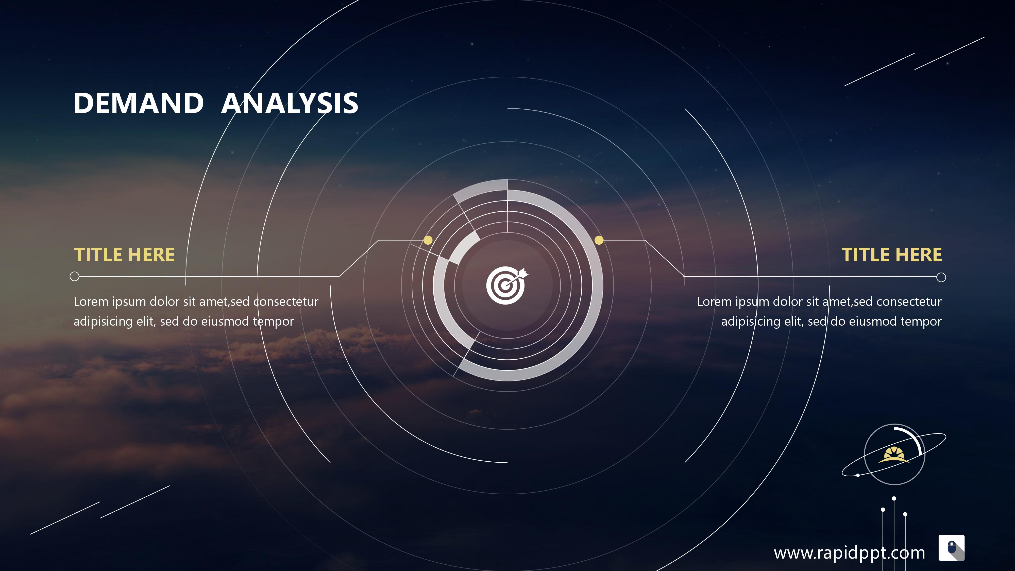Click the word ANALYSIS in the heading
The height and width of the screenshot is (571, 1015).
(x=290, y=103)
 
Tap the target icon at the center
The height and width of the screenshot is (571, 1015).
(x=507, y=285)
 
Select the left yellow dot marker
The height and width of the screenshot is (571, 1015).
(x=428, y=240)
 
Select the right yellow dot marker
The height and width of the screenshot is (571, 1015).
(x=599, y=240)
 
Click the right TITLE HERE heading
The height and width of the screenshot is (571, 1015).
(x=892, y=255)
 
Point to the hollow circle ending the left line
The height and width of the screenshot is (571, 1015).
(x=74, y=276)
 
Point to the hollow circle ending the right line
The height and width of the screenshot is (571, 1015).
(x=941, y=277)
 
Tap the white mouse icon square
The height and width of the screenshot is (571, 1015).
(x=952, y=548)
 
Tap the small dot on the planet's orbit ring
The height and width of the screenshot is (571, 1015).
(x=858, y=475)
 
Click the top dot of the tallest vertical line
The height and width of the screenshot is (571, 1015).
(x=894, y=498)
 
